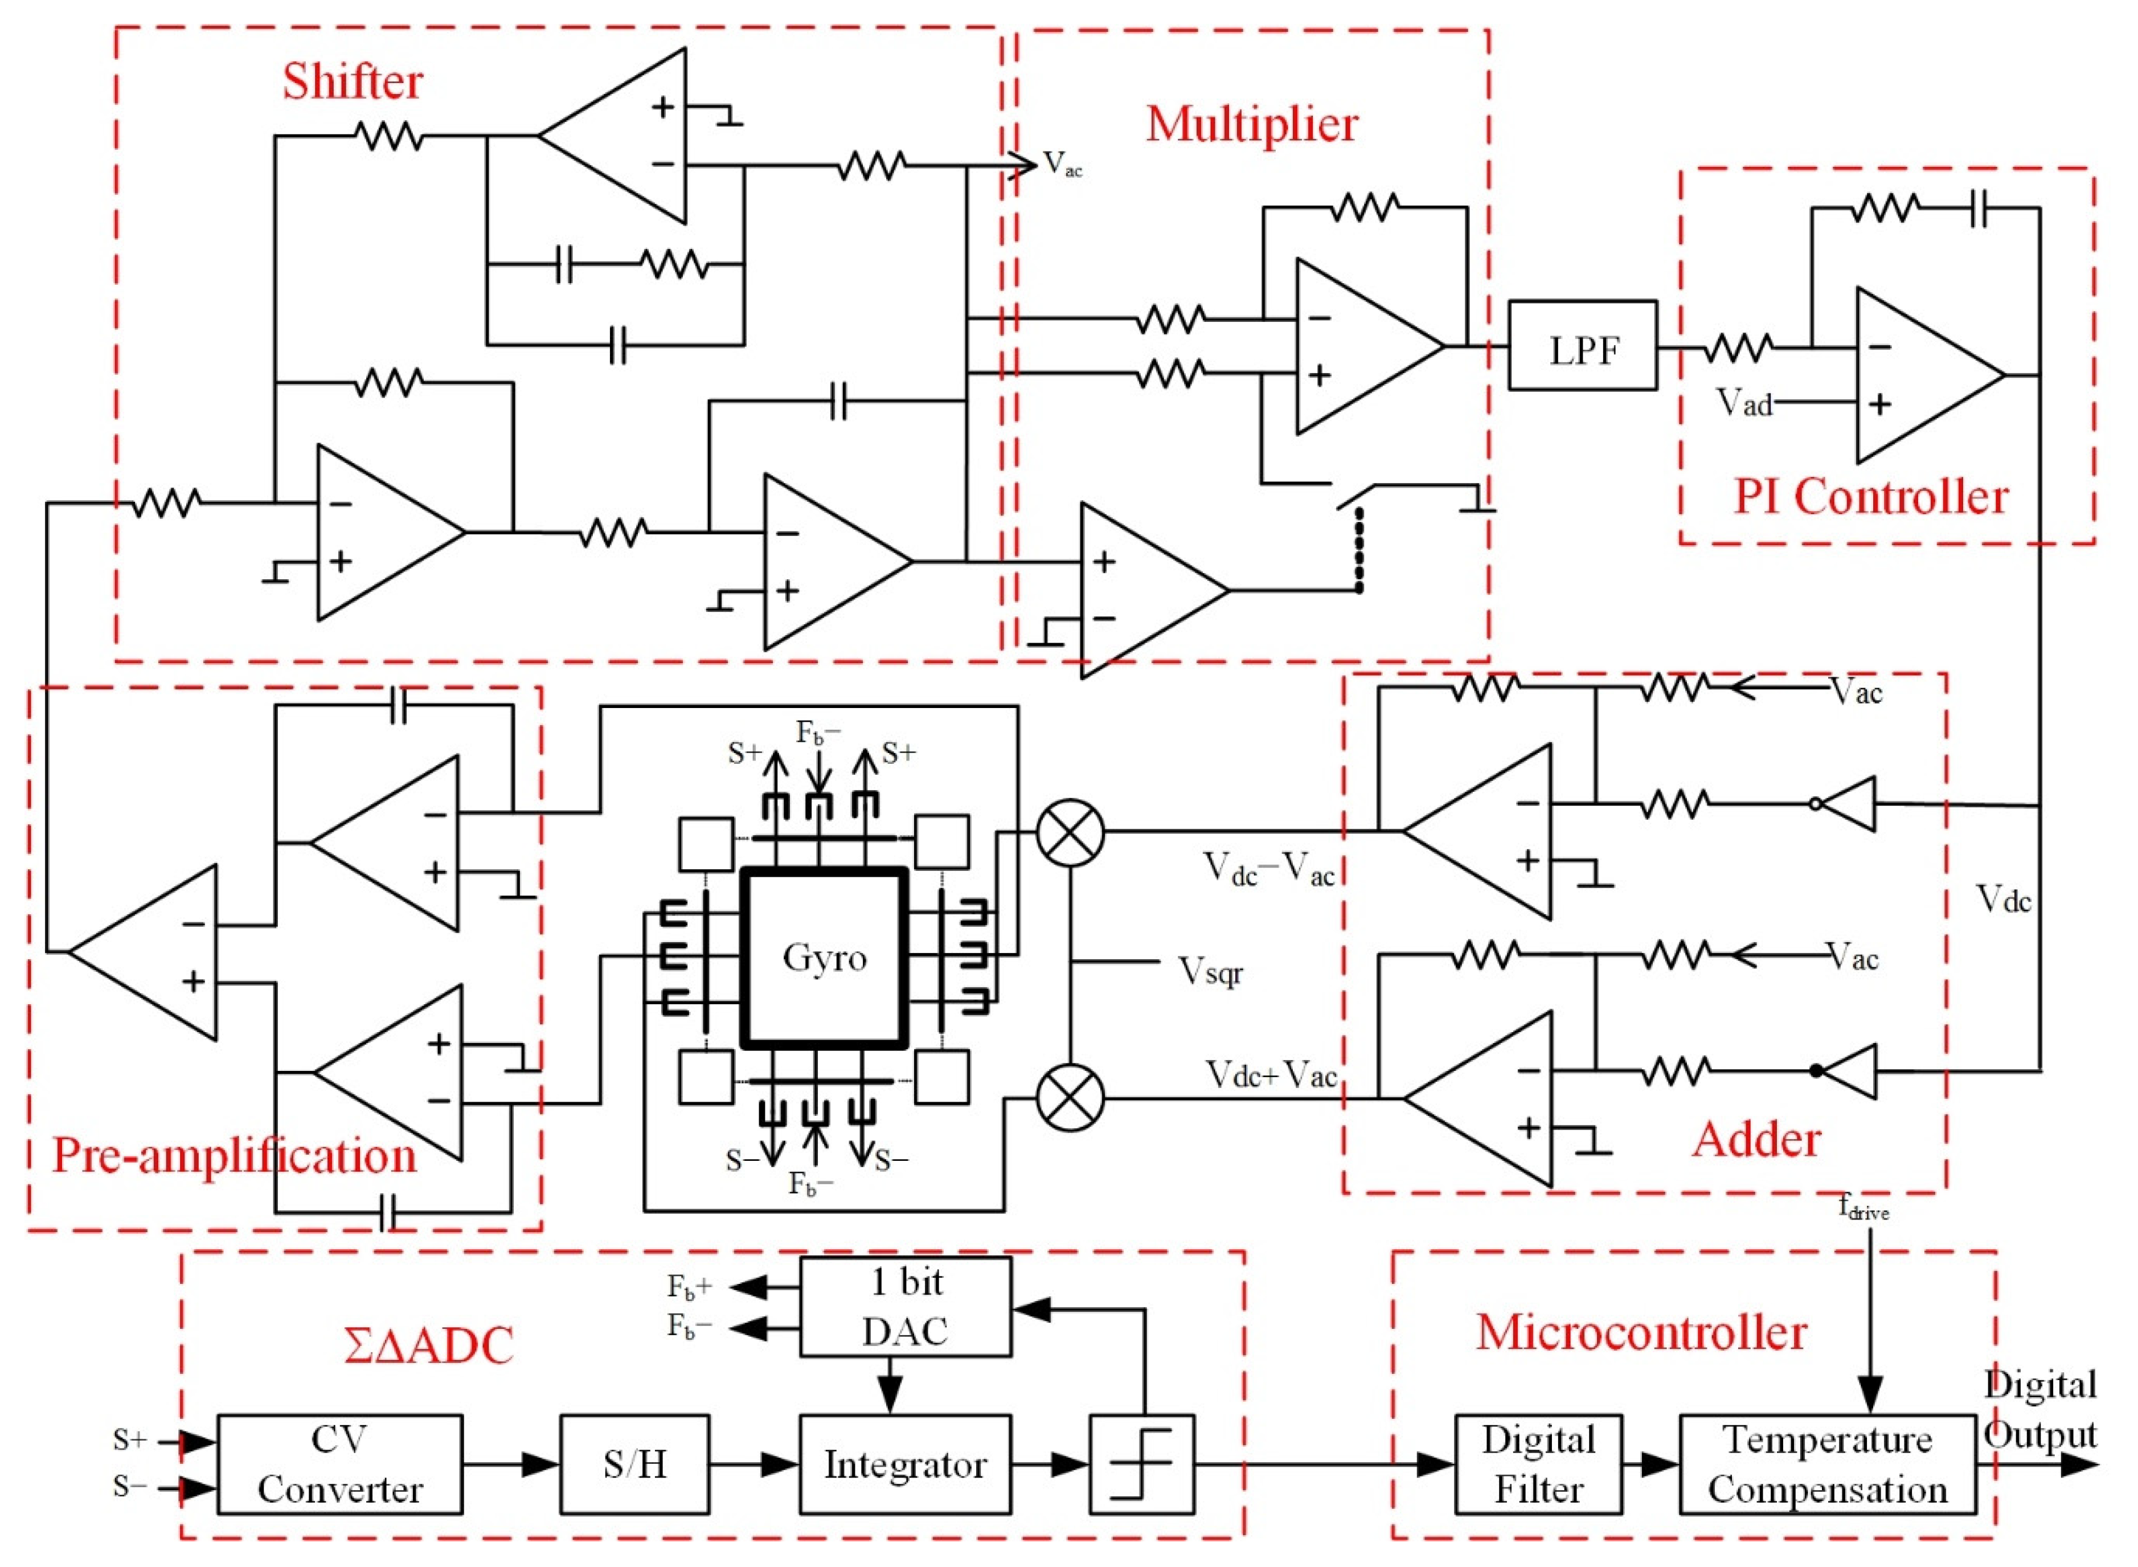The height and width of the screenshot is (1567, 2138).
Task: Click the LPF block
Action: click(x=1582, y=346)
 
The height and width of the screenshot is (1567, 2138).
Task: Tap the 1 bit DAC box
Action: click(x=905, y=1306)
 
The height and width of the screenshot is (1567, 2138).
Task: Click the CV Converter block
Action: click(x=339, y=1463)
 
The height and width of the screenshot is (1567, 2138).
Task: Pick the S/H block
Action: click(x=634, y=1463)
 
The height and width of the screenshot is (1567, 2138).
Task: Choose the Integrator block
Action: click(x=905, y=1463)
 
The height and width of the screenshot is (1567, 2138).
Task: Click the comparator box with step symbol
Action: click(x=1141, y=1463)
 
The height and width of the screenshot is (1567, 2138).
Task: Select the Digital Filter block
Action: click(x=1538, y=1463)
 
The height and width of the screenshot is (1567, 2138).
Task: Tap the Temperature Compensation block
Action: click(x=1827, y=1463)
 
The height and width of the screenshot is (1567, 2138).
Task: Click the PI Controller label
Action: click(x=1870, y=496)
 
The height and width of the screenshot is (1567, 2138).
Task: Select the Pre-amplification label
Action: click(x=234, y=1155)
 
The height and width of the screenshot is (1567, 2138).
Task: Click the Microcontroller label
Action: click(x=1640, y=1332)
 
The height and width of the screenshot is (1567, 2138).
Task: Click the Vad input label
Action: click(x=1743, y=402)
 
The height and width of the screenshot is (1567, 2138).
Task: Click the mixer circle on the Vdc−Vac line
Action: click(x=1070, y=832)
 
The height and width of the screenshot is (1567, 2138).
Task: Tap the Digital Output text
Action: click(x=2039, y=1410)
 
